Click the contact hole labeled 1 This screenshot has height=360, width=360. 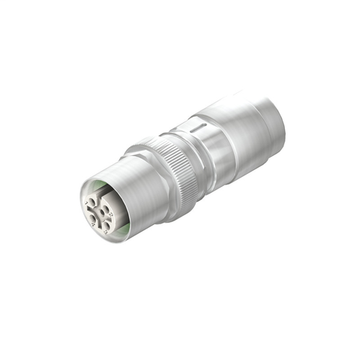coord(91,201)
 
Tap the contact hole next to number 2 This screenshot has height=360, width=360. coord(105,208)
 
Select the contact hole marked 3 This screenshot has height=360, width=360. coord(107,226)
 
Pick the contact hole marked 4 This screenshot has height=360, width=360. coord(92,218)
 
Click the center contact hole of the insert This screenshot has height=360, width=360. coord(102,213)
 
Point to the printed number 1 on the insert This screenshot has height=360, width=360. coord(86,202)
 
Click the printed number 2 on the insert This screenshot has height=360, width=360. coord(111,214)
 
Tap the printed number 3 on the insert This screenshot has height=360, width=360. coord(105,232)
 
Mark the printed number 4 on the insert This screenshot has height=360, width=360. coord(93,224)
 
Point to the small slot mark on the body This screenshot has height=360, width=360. coord(196,129)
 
